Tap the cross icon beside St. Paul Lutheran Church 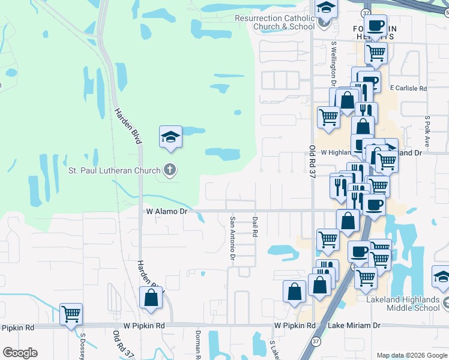[170, 170]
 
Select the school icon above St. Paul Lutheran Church [170, 137]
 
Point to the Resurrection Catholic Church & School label [276, 22]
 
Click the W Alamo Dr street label [167, 211]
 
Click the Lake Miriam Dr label [354, 325]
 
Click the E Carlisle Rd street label [408, 88]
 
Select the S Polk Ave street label [427, 131]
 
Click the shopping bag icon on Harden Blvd [151, 297]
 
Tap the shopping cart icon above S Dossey [71, 314]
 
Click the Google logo [20, 353]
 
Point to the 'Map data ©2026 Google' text [412, 355]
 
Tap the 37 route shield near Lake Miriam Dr [316, 341]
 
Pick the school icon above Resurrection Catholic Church [326, 8]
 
